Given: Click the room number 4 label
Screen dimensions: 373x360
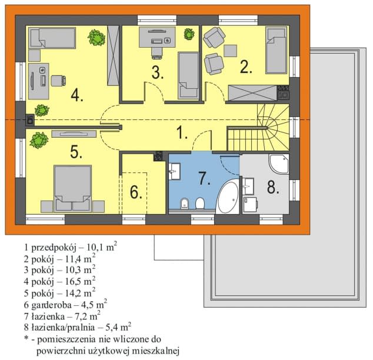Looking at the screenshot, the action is pyautogui.click(x=77, y=96).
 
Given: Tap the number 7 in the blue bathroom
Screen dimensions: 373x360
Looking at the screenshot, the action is pyautogui.click(x=204, y=178).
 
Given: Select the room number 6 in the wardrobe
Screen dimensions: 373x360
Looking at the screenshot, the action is pyautogui.click(x=136, y=192).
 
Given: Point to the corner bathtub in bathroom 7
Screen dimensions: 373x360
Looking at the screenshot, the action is pyautogui.click(x=228, y=196).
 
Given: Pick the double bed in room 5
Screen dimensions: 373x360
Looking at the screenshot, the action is pyautogui.click(x=73, y=189).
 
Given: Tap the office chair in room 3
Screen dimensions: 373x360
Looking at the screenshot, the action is pyautogui.click(x=157, y=53).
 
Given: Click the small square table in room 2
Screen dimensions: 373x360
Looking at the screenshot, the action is pyautogui.click(x=230, y=51).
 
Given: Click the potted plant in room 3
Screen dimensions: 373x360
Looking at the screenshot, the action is pyautogui.click(x=189, y=34).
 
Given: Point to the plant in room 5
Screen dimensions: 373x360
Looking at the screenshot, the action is pyautogui.click(x=39, y=140).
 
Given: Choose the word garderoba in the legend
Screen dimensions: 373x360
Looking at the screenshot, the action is pyautogui.click(x=51, y=305).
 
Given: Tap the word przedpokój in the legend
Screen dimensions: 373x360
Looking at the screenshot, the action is pyautogui.click(x=54, y=248).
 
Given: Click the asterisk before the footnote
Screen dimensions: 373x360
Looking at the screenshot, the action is pyautogui.click(x=26, y=338).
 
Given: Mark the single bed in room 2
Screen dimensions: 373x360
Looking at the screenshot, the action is pyautogui.click(x=276, y=50).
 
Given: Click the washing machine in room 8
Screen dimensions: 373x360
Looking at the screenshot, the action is pyautogui.click(x=250, y=204).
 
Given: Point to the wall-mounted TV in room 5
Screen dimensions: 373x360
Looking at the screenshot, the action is pyautogui.click(x=74, y=134).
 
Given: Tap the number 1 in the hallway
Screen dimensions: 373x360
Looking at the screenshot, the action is pyautogui.click(x=182, y=132).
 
